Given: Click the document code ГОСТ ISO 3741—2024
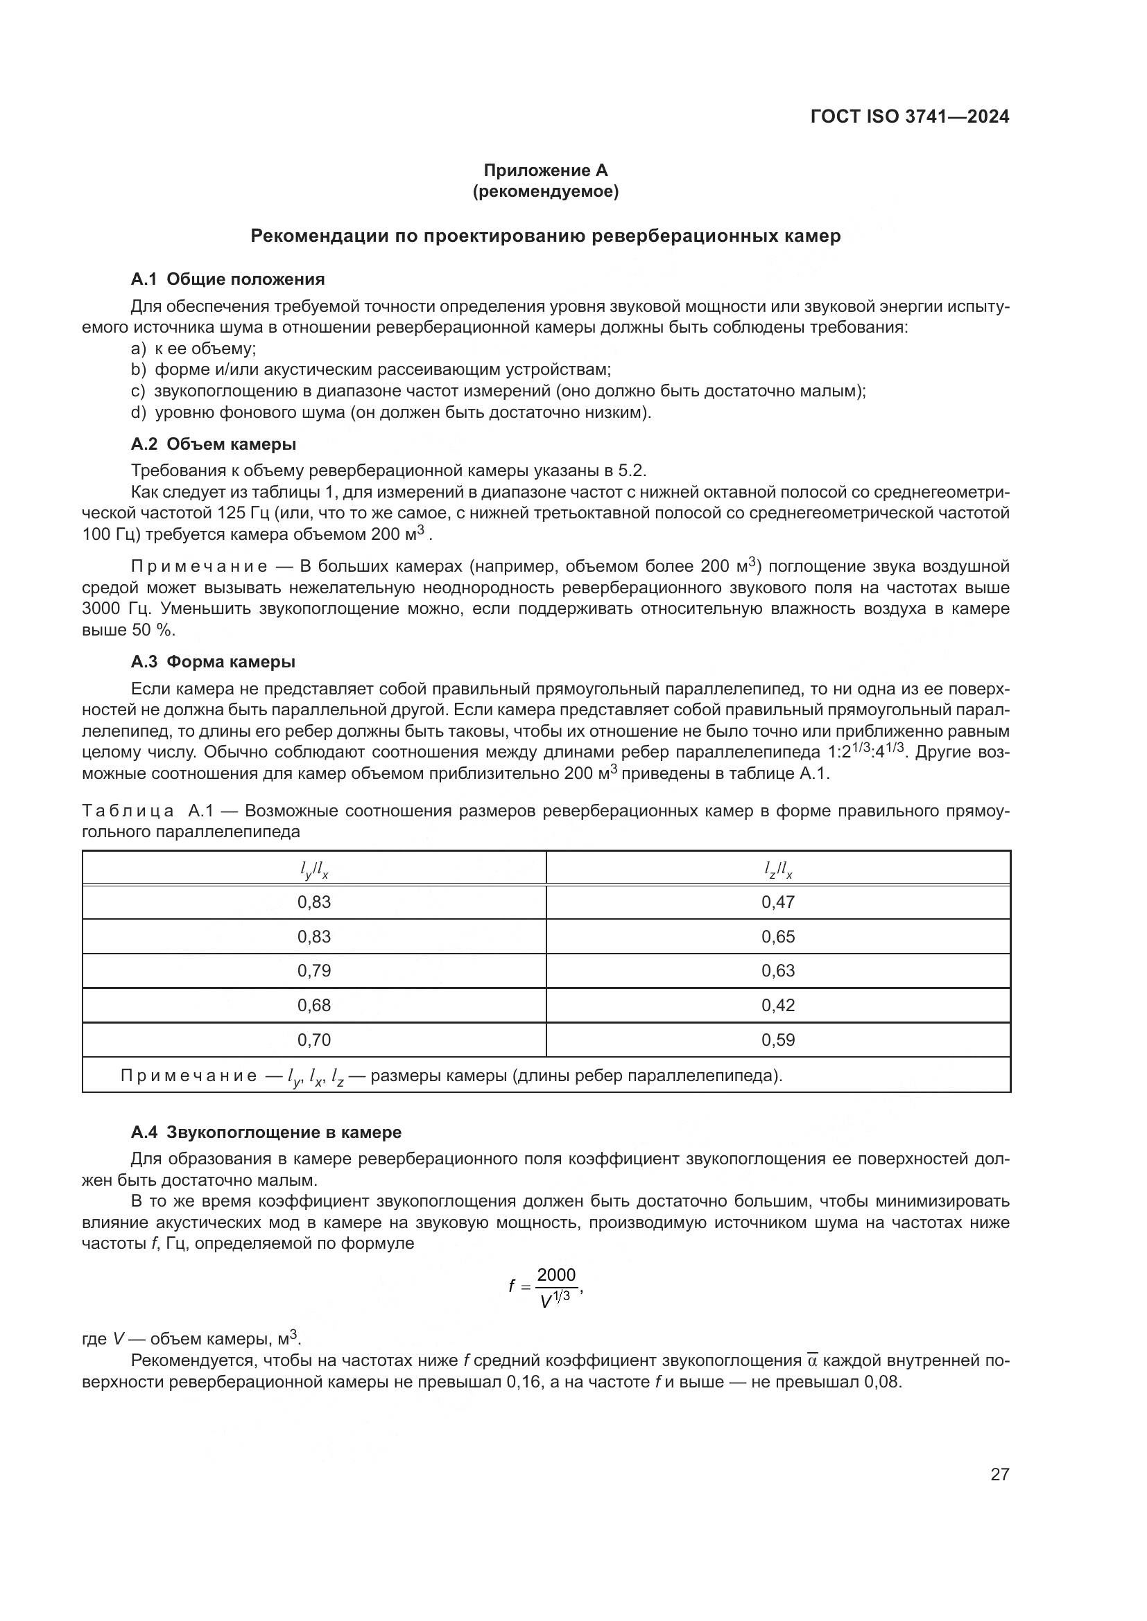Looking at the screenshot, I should click(909, 117).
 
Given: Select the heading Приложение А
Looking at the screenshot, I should click(545, 170).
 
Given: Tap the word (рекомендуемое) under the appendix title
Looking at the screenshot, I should click(545, 191).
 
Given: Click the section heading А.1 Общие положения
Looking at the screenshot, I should click(227, 279).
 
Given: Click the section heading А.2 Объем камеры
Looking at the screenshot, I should click(214, 444).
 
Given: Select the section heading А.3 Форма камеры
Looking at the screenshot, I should click(213, 662).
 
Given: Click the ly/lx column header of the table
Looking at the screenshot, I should click(314, 872).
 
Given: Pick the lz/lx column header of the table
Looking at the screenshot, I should click(777, 872).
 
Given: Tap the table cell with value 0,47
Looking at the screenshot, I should click(777, 902).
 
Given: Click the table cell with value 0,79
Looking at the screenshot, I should click(314, 971).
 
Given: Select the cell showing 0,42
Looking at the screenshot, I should click(777, 1006).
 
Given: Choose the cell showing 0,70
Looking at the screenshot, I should click(314, 1040).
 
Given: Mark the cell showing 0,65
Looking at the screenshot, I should click(777, 937).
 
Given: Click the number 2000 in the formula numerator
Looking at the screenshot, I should click(557, 1275).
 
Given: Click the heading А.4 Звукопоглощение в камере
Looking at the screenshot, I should click(266, 1132).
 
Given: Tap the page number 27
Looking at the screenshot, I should click(999, 1474).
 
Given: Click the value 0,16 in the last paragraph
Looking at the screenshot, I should click(525, 1382).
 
